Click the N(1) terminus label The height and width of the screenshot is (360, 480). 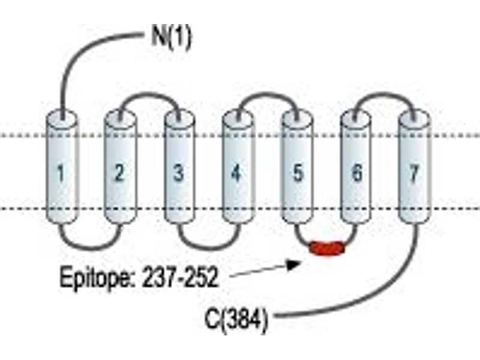click(x=172, y=38)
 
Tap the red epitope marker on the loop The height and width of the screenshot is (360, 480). click(x=327, y=248)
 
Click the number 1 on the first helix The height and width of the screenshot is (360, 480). click(x=61, y=173)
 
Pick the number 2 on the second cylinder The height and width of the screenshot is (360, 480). click(x=119, y=173)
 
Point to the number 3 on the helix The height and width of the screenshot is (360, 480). click(x=178, y=173)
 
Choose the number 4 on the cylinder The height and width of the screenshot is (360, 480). click(x=236, y=173)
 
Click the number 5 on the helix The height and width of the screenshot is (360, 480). click(x=298, y=173)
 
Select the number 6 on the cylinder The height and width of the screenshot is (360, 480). click(x=356, y=173)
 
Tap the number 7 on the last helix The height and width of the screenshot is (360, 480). click(x=414, y=173)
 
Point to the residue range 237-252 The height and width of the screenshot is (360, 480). click(x=179, y=278)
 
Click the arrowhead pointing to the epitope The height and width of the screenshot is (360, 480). click(x=293, y=265)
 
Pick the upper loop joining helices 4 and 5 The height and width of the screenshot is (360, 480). click(x=268, y=94)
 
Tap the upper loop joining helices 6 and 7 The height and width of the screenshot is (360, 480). click(x=385, y=95)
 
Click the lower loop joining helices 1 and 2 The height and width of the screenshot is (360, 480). click(x=91, y=248)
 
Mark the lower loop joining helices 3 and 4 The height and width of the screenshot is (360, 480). click(x=209, y=248)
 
